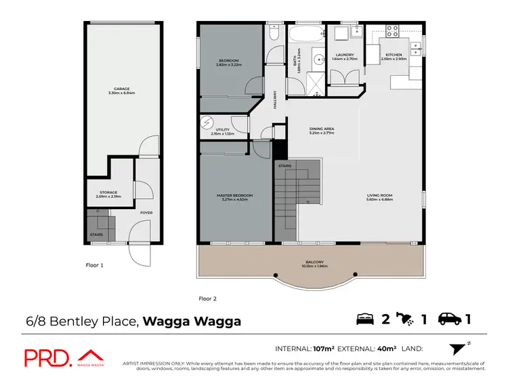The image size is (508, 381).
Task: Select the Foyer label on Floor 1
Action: click(x=146, y=212)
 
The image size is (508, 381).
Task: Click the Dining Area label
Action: click(x=322, y=130)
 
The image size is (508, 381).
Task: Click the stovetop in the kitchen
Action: click(x=394, y=30)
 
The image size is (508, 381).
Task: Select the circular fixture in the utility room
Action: click(x=207, y=123)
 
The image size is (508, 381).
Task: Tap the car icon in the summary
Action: click(x=450, y=319)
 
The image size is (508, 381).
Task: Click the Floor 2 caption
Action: click(x=208, y=298)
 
